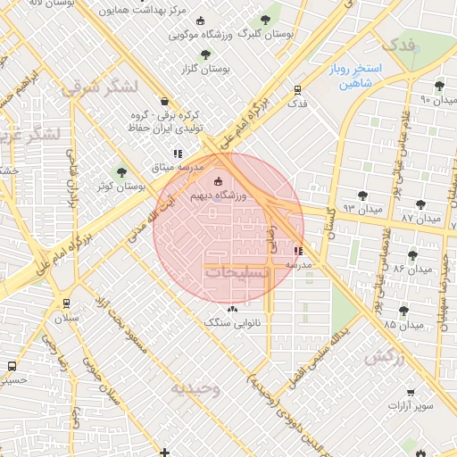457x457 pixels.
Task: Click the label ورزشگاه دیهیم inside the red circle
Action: coord(218,194)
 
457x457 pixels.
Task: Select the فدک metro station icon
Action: coord(297,89)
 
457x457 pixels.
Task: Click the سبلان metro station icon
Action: coord(65,303)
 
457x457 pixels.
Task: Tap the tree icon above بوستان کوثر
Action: coord(122,172)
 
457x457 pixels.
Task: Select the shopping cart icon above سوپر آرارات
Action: coord(410,391)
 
